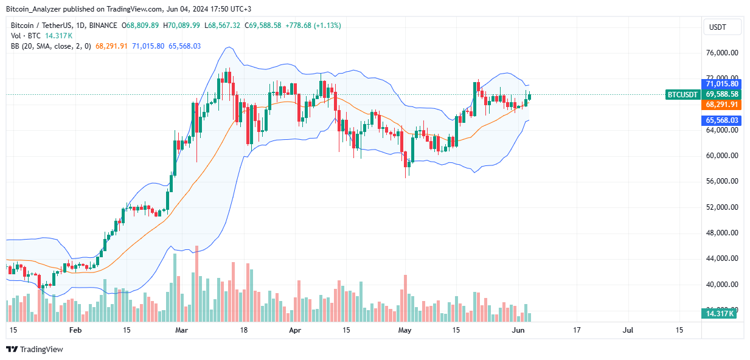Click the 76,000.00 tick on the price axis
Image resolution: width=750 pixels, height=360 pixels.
[722, 53]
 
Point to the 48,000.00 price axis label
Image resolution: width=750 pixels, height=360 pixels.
[722, 233]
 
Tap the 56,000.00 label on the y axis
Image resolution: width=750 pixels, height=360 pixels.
[722, 181]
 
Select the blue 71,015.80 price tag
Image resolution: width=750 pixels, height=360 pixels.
[722, 83]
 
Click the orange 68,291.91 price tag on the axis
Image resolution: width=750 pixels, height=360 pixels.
[722, 105]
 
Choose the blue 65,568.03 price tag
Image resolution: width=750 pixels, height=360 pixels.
[722, 120]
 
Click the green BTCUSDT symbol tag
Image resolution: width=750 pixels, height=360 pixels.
[684, 94]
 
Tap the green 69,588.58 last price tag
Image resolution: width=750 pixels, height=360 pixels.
[722, 94]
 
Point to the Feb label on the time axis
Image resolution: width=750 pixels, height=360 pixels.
[75, 330]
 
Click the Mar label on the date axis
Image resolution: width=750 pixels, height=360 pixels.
[182, 330]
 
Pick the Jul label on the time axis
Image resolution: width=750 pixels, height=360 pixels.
[628, 330]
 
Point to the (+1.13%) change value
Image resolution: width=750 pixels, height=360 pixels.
[327, 26]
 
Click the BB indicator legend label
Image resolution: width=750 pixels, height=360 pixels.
[15, 46]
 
